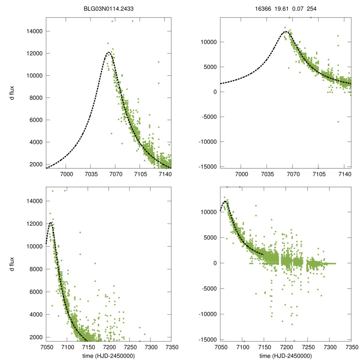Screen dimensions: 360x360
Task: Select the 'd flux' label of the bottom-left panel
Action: [12, 264]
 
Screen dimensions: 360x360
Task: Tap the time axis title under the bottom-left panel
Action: [109, 356]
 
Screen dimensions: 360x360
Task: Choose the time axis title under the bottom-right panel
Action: [285, 356]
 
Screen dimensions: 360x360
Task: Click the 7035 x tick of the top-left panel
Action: [91, 174]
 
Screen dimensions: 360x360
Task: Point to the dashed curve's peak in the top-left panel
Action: [109, 52]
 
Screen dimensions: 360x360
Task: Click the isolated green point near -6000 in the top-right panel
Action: [338, 122]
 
